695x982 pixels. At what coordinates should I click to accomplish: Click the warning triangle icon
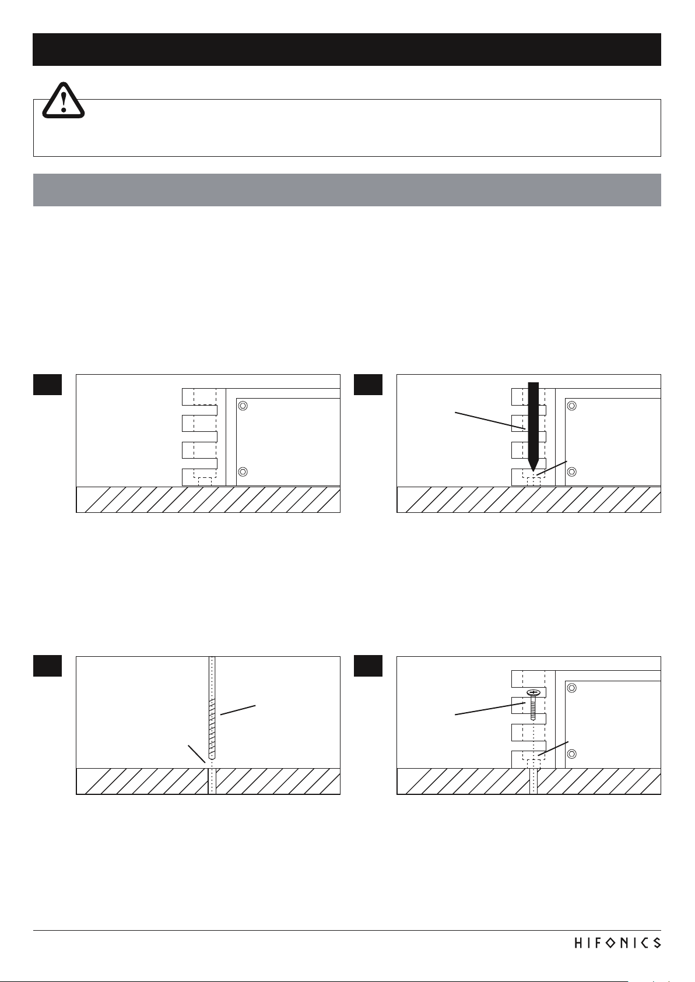click(63, 100)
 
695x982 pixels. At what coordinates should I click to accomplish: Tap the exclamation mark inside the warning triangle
click(64, 102)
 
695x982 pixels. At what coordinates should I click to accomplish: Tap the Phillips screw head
click(533, 693)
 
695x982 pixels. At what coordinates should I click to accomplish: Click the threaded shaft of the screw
click(533, 708)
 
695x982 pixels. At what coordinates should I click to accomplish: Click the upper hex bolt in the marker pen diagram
click(572, 406)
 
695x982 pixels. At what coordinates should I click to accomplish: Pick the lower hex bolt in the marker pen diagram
click(572, 471)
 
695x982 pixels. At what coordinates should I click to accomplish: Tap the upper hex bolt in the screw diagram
click(572, 688)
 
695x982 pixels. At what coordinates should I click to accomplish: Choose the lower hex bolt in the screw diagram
click(572, 754)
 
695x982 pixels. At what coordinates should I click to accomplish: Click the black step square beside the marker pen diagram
click(368, 385)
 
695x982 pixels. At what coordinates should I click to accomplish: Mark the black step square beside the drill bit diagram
click(47, 666)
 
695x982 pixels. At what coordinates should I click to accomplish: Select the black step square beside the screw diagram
click(368, 666)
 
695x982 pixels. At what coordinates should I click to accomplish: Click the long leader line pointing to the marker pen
click(490, 420)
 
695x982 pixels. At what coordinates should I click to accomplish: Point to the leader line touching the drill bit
click(238, 710)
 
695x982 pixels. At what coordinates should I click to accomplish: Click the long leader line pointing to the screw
click(490, 709)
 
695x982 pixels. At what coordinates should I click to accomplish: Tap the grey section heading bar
click(347, 190)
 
